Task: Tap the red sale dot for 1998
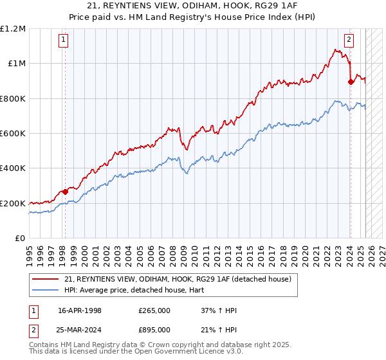click(65, 192)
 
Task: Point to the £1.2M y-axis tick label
click(13, 28)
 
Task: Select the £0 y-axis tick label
click(21, 238)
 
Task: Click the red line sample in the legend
click(45, 279)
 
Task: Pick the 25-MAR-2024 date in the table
click(77, 330)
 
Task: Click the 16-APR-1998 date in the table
click(77, 310)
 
